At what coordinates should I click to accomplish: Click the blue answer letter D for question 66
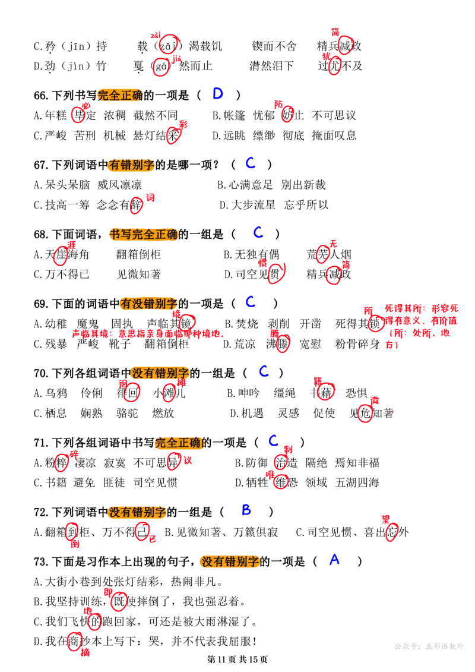pos(218,93)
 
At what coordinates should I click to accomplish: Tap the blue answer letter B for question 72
pos(246,510)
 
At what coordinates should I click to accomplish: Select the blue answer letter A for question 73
pos(334,559)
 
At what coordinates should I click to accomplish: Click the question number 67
pos(41,165)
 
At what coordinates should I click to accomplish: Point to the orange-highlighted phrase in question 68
pos(144,235)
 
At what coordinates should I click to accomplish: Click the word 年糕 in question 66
pos(56,116)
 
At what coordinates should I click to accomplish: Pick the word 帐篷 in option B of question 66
pos(235,116)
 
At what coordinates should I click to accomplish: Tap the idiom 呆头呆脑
pos(68,185)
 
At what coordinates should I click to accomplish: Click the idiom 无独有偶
pos(257,254)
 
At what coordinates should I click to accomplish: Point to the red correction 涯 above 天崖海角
pos(71,245)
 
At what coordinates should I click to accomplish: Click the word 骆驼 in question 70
pos(127,413)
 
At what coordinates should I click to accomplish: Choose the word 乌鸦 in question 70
pos(56,393)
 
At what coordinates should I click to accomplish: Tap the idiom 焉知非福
pos(357,463)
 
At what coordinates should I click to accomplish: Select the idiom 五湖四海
pos(357,482)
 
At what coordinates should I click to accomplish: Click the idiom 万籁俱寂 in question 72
pos(256,532)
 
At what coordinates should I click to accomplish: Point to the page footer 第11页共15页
pos(237,660)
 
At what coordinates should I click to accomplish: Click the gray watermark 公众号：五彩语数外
pos(429,646)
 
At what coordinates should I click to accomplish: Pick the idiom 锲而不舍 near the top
pos(274,46)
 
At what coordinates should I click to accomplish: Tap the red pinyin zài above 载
pos(156,36)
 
